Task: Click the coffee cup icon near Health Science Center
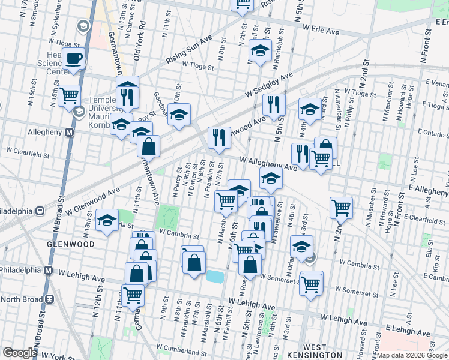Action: (74, 59)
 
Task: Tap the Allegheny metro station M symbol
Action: (69, 132)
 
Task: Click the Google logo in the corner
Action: (20, 353)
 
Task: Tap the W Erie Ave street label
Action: (326, 28)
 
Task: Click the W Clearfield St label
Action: (27, 154)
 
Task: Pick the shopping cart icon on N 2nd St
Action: (341, 207)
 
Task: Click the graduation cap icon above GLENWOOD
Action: (107, 220)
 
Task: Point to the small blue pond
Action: (214, 276)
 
